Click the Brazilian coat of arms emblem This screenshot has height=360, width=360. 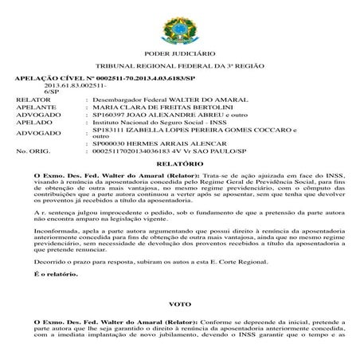click(180, 25)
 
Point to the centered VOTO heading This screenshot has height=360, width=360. click(180, 305)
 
